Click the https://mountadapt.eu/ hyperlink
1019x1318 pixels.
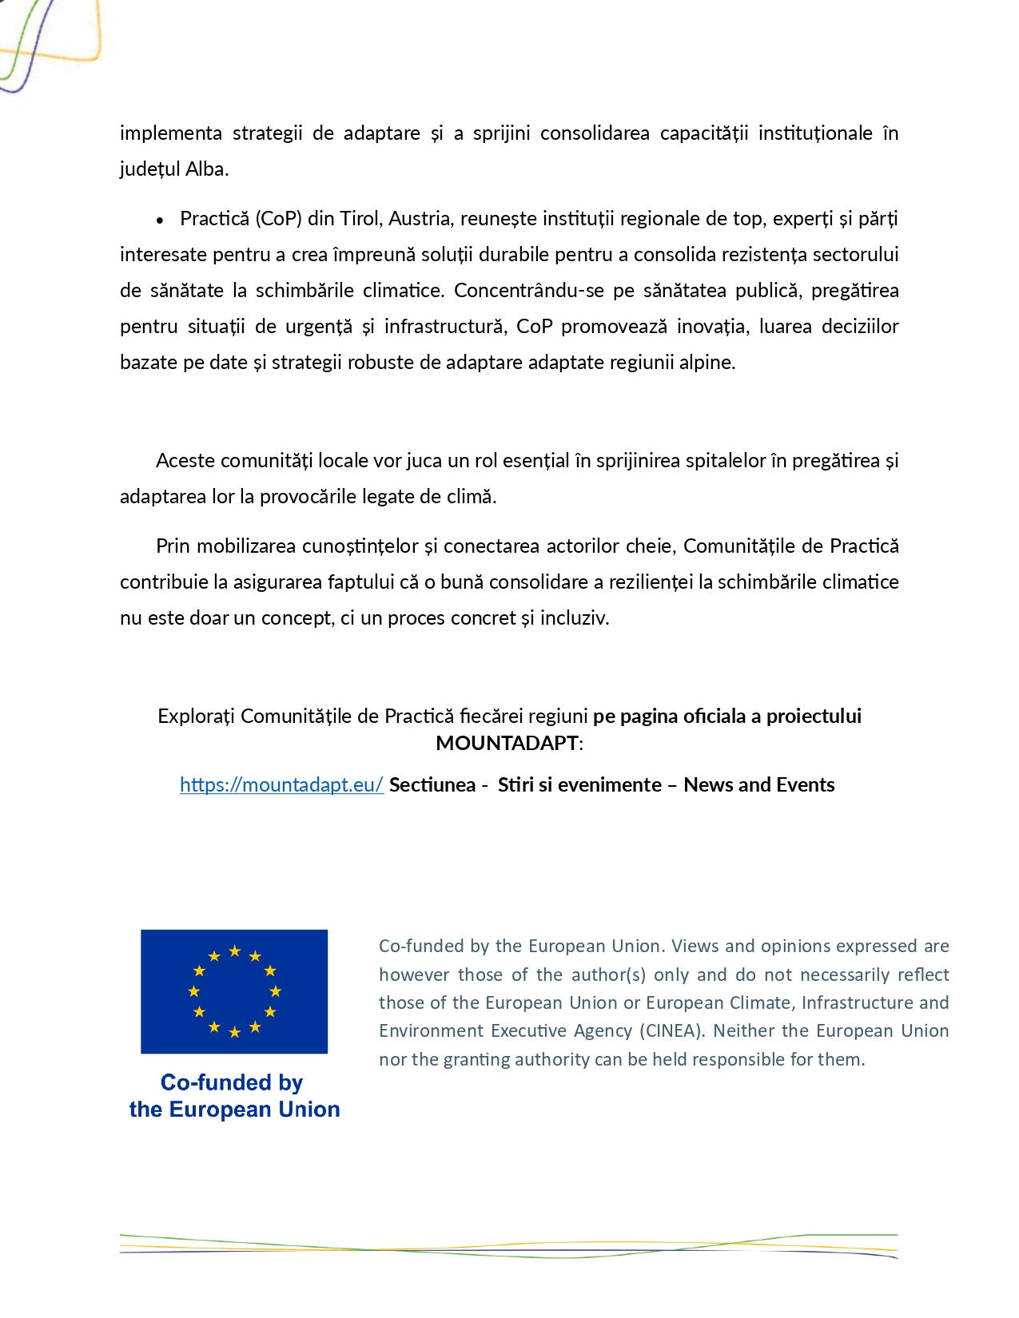pos(281,785)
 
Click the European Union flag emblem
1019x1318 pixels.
pos(234,991)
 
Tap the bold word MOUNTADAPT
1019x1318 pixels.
pos(507,744)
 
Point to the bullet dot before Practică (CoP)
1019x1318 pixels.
pos(160,220)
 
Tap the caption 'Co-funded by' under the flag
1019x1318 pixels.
pos(232,1082)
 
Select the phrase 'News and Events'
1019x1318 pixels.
pos(759,785)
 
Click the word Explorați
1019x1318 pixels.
pos(196,717)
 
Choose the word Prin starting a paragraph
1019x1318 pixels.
pos(173,546)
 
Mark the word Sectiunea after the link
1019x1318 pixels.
pos(432,785)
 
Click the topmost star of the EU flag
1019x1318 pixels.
pos(235,951)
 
